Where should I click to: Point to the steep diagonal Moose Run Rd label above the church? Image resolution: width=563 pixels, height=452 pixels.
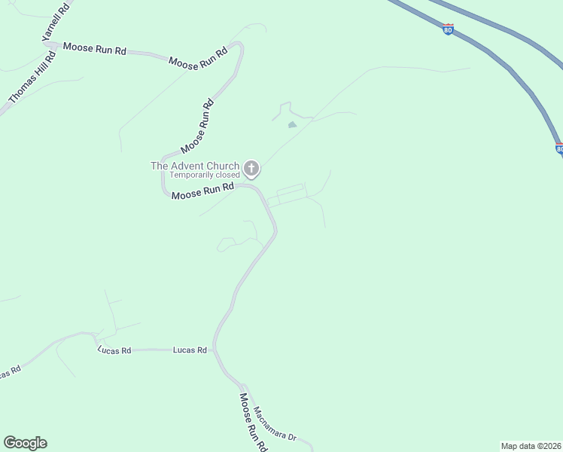pyautogui.click(x=198, y=125)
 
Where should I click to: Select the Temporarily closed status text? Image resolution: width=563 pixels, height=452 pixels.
pyautogui.click(x=204, y=176)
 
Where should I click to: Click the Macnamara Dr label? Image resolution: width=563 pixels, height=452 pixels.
pyautogui.click(x=275, y=424)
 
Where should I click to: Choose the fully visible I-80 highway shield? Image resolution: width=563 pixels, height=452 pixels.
pyautogui.click(x=449, y=29)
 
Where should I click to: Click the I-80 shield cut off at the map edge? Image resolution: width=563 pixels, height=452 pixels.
pyautogui.click(x=559, y=149)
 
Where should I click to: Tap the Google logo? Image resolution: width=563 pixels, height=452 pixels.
pyautogui.click(x=25, y=443)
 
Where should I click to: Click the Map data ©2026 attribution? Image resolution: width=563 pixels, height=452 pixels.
pyautogui.click(x=531, y=446)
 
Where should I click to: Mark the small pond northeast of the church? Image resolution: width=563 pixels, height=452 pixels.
pyautogui.click(x=292, y=124)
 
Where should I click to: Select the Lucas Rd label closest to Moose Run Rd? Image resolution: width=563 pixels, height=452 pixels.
pyautogui.click(x=190, y=350)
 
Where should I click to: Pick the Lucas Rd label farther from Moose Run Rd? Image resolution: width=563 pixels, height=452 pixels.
pyautogui.click(x=114, y=350)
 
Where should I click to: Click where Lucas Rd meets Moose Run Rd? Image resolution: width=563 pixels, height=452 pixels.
pyautogui.click(x=215, y=350)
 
